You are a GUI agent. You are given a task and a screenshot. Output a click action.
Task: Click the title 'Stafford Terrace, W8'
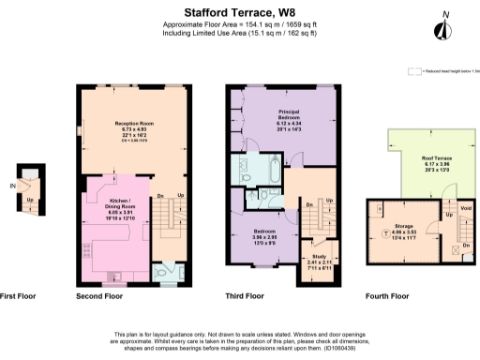[x=239, y=11]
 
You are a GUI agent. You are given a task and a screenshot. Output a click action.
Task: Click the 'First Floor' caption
[x=18, y=295]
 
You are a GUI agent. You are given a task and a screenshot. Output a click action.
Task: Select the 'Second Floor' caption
[x=99, y=295]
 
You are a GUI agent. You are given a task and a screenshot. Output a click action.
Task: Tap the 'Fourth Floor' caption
[x=387, y=295]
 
